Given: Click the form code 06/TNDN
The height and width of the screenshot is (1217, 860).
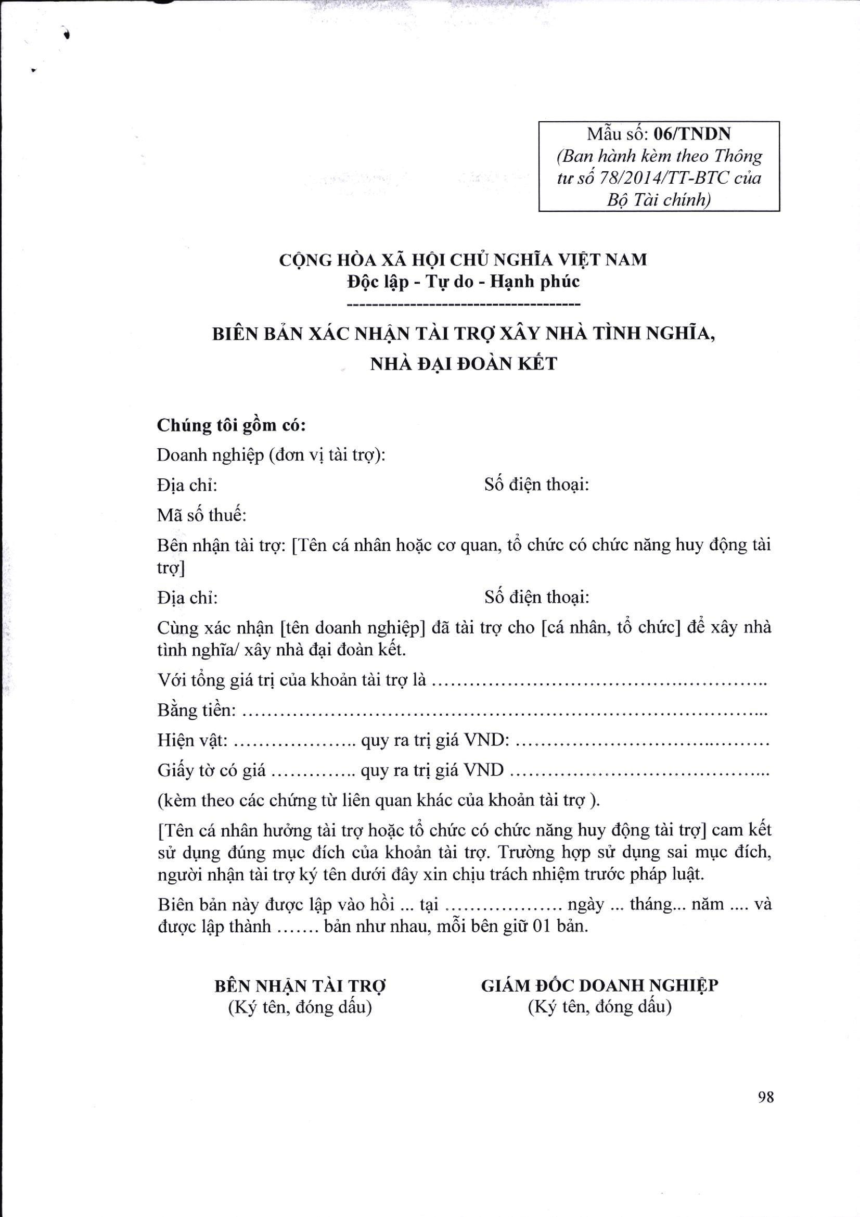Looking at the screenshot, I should pos(692,134).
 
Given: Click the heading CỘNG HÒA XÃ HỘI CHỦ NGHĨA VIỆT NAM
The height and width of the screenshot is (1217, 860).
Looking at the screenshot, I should pos(463,260).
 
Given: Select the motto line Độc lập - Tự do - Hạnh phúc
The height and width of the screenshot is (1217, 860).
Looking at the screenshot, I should pos(463,282).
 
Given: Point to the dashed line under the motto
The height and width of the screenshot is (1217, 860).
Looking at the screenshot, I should pos(463,304).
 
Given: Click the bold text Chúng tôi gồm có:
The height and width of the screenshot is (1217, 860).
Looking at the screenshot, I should pos(231,426).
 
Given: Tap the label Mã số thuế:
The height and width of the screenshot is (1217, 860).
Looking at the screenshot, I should pos(201,515).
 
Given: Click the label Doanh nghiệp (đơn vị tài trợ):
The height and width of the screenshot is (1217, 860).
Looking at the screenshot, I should pos(271,455).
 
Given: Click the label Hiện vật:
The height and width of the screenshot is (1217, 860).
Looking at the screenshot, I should pos(192,740).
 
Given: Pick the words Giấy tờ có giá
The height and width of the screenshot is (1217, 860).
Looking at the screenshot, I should pos(211,770).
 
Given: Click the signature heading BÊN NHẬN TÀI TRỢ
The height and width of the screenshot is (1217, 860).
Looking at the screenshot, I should pos(300,986).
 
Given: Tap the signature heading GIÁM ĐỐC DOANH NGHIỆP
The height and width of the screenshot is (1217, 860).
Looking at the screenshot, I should pos(599,985).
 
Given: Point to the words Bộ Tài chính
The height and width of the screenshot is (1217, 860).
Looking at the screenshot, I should pos(659,200).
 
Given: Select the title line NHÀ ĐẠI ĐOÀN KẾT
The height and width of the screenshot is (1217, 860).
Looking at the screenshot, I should pos(463,364).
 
